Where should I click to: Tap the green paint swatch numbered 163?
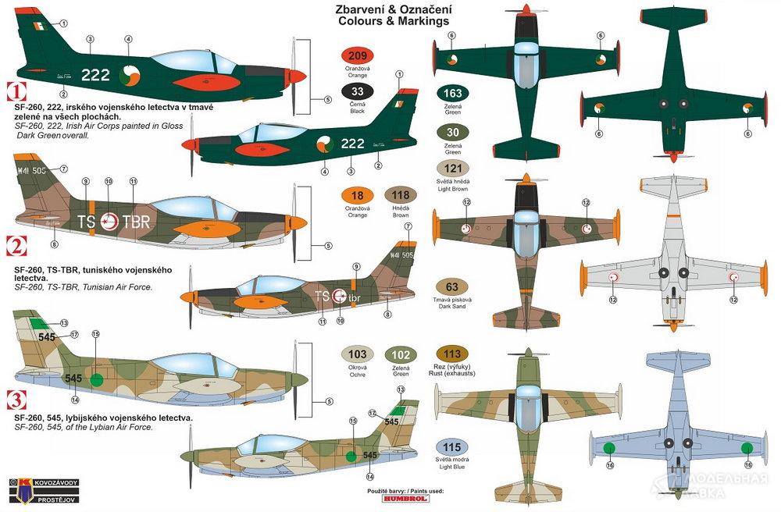(452, 94)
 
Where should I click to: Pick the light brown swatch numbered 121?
(452, 169)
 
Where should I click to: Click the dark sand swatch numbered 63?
(452, 286)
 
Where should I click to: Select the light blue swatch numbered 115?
(452, 448)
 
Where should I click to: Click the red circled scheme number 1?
(13, 89)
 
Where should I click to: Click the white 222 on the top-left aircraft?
(95, 75)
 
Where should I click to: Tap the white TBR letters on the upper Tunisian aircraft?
(134, 221)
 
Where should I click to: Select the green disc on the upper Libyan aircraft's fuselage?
(96, 379)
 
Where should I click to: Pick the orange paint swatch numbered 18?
(358, 197)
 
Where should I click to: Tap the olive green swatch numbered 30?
(452, 131)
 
